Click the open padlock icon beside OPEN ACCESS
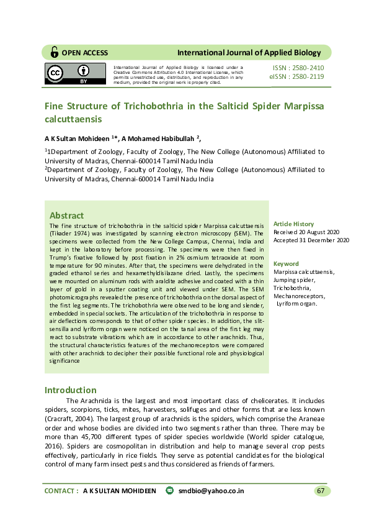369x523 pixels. pyautogui.click(x=55, y=52)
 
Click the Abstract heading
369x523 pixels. pyautogui.click(x=66, y=215)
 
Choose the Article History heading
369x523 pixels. pyautogui.click(x=294, y=224)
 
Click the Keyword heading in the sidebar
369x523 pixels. pyautogui.click(x=286, y=263)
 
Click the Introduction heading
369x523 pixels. pyautogui.click(x=71, y=390)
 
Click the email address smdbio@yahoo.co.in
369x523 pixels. pyautogui.click(x=211, y=491)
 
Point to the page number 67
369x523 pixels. pyautogui.click(x=321, y=491)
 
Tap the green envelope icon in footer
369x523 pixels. pyautogui.click(x=170, y=491)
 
